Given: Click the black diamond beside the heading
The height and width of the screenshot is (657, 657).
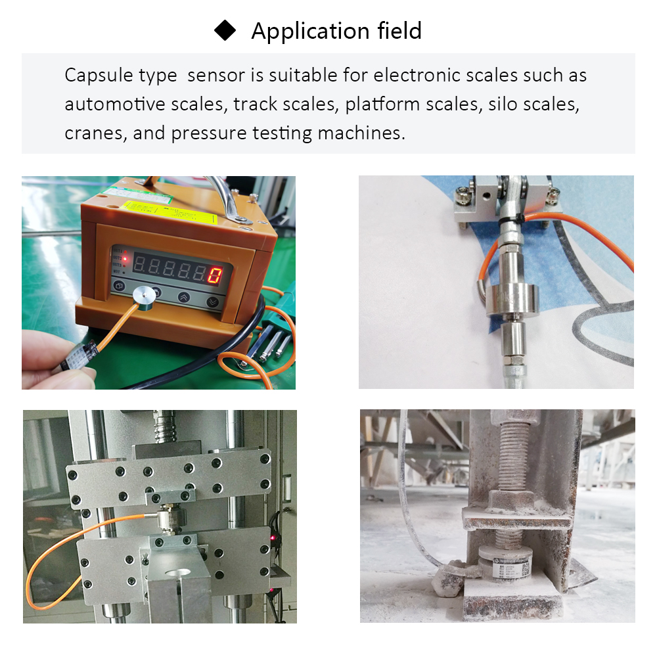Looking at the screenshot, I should coord(225,31).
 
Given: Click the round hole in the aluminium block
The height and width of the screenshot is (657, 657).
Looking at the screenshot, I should coord(179,574).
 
